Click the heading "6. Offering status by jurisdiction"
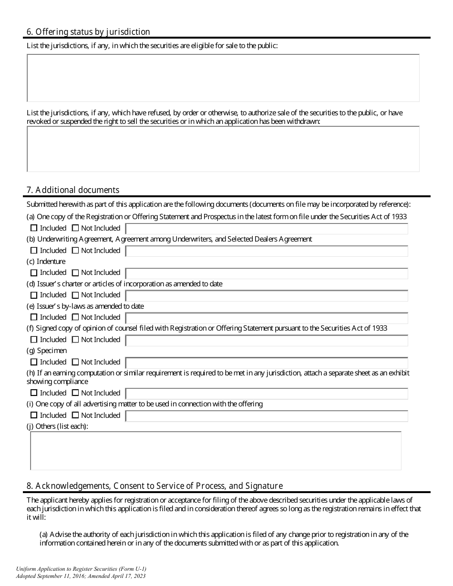(88, 32)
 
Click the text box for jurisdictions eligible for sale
(223, 78)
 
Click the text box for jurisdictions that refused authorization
(223, 149)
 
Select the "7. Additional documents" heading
(73, 190)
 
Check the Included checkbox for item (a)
(34, 228)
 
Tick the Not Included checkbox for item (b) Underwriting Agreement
(75, 251)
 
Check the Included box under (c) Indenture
(34, 273)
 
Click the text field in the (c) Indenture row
(267, 273)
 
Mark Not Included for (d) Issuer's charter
(75, 295)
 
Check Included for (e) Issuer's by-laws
(34, 317)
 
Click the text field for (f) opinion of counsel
(267, 340)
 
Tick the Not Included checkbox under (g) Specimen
(75, 363)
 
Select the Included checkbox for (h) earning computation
(34, 394)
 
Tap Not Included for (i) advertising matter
(75, 415)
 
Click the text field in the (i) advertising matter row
(267, 416)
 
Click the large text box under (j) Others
(216, 451)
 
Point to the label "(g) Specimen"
(47, 351)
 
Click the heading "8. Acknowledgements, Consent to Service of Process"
(154, 486)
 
